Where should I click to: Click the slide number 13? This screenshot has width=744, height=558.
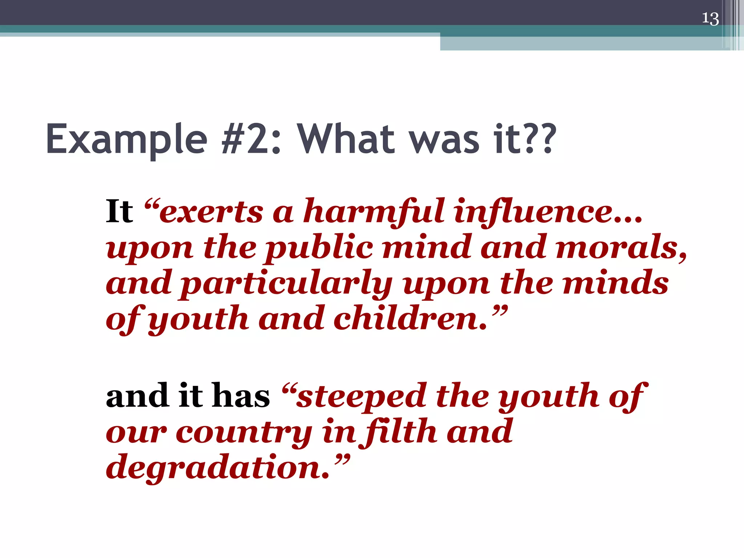point(710,19)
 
